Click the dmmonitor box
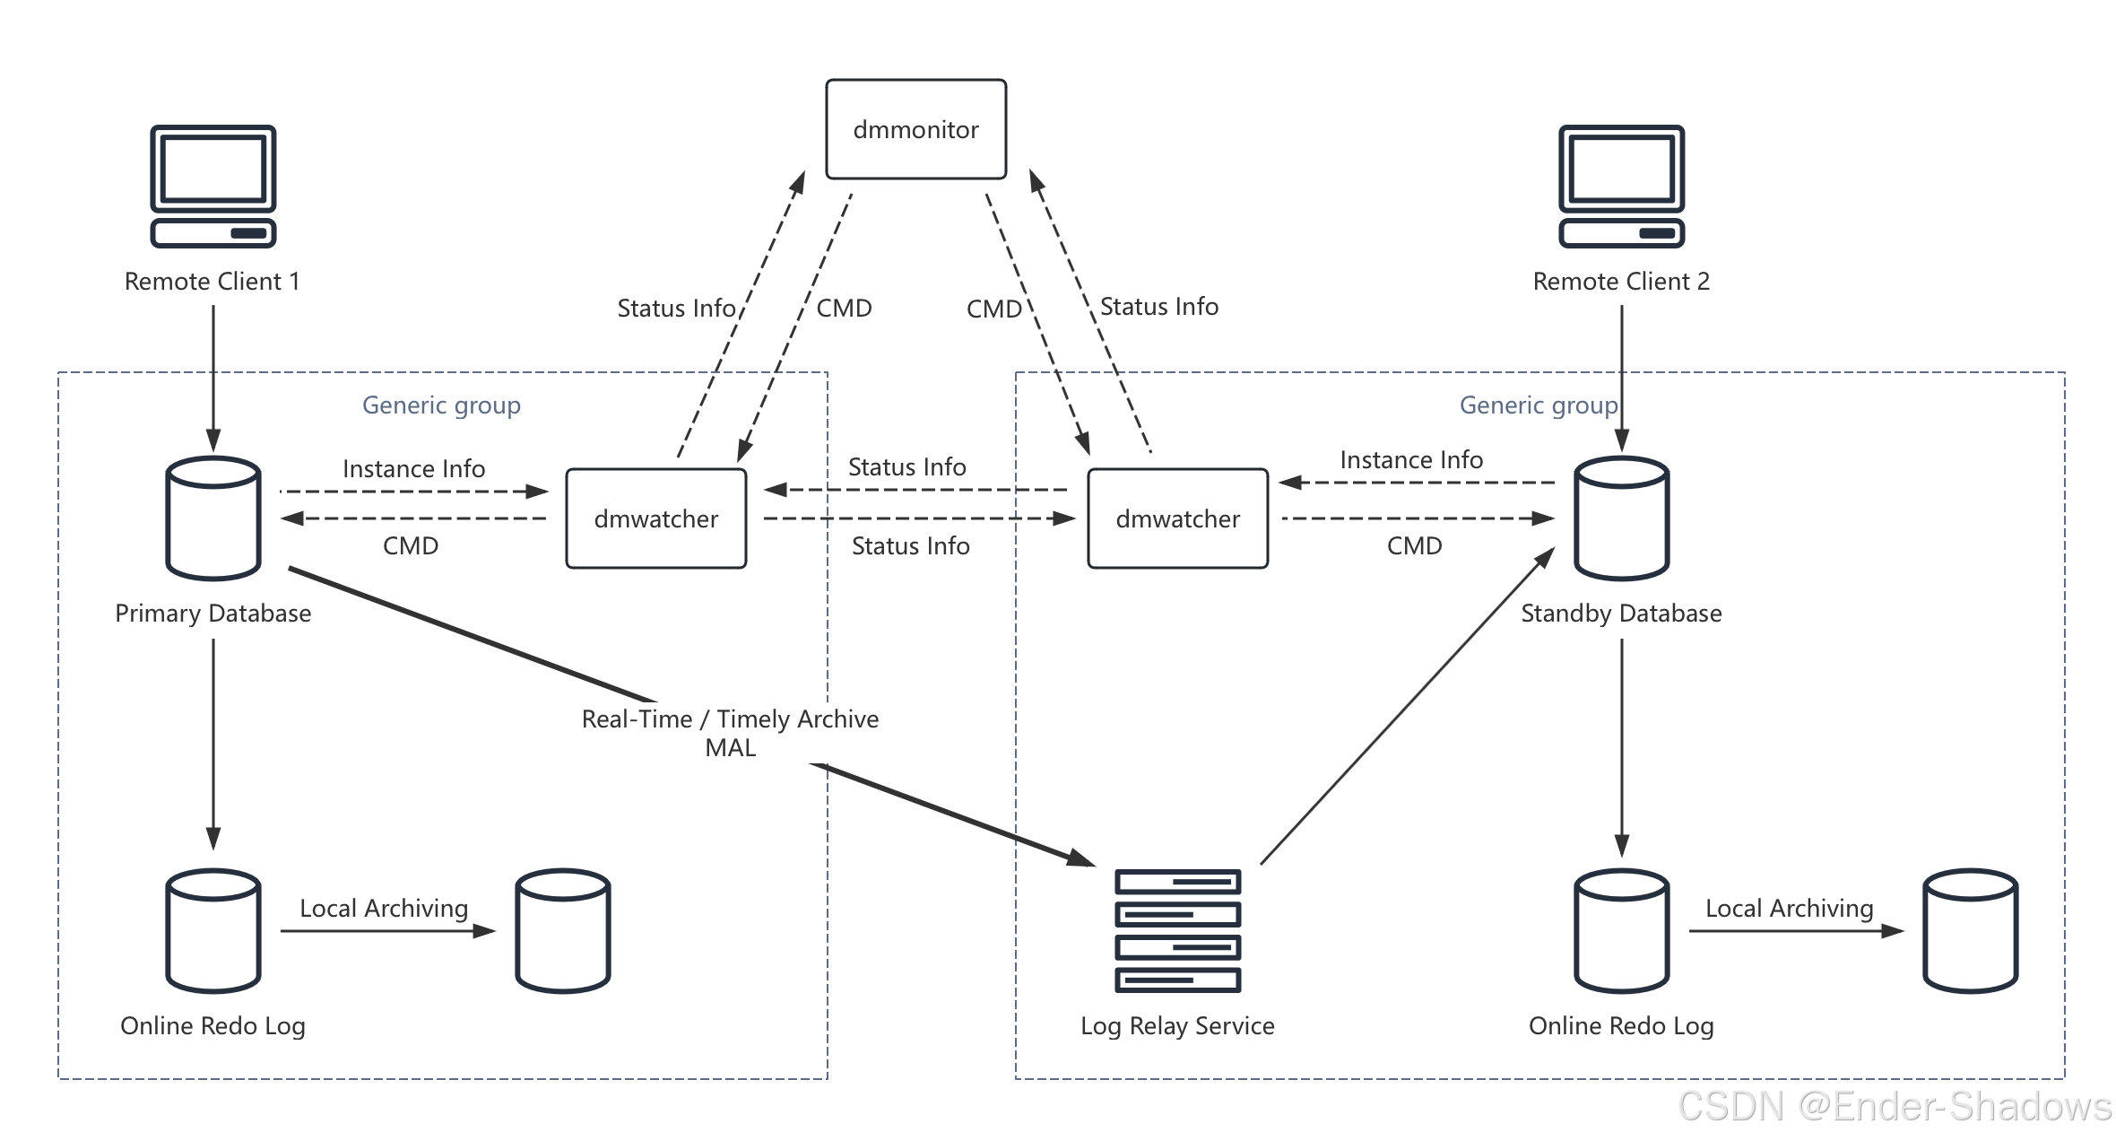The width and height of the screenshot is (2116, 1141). pyautogui.click(x=915, y=129)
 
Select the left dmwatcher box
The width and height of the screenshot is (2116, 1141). pyautogui.click(x=655, y=518)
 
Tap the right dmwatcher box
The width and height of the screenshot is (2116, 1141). pyautogui.click(x=1177, y=518)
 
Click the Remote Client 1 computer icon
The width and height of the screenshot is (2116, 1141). pyautogui.click(x=213, y=186)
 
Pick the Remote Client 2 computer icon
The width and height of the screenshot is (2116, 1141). pyautogui.click(x=1621, y=186)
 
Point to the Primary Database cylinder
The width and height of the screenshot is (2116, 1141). pyautogui.click(x=213, y=518)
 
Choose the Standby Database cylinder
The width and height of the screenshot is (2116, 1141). pyautogui.click(x=1621, y=518)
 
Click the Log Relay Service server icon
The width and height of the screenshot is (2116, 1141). pyautogui.click(x=1177, y=930)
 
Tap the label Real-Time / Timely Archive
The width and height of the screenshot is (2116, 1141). pyautogui.click(x=730, y=719)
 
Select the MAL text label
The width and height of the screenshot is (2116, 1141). pyautogui.click(x=730, y=748)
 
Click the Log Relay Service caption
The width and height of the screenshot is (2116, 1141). pyautogui.click(x=1177, y=1026)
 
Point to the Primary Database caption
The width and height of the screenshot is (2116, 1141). pyautogui.click(x=213, y=614)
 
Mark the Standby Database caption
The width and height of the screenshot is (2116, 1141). pyautogui.click(x=1621, y=614)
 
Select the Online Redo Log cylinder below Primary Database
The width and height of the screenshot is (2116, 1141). pyautogui.click(x=213, y=930)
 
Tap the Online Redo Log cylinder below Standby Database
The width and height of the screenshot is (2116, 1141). pyautogui.click(x=1621, y=930)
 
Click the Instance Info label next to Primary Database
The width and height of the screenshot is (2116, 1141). pyautogui.click(x=413, y=469)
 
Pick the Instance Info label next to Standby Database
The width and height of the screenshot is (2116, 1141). pyautogui.click(x=1411, y=460)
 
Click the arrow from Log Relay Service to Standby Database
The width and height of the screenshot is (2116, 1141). pyautogui.click(x=1408, y=707)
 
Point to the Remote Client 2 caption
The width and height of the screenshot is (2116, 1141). pyautogui.click(x=1621, y=282)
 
